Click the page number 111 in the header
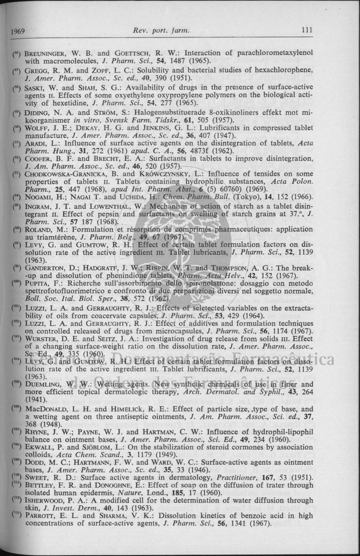[307, 30]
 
